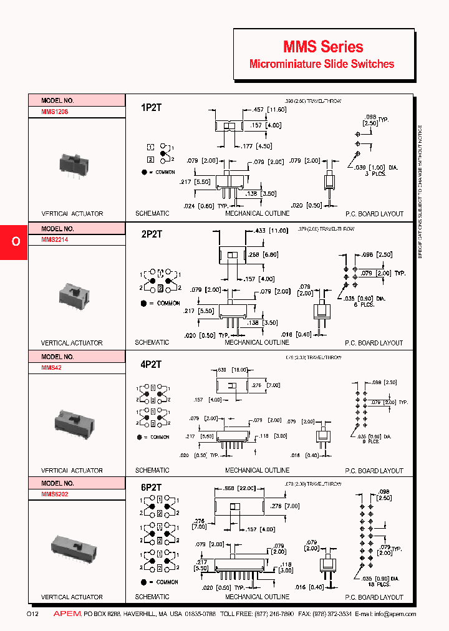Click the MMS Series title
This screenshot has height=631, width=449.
(x=323, y=47)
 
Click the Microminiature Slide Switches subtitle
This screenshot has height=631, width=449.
(x=322, y=64)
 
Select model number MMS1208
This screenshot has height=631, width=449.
(x=55, y=112)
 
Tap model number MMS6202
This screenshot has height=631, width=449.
(x=55, y=495)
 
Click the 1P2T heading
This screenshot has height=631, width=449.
(x=151, y=107)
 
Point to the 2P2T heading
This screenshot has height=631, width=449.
(x=151, y=234)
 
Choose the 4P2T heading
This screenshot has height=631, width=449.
(x=151, y=365)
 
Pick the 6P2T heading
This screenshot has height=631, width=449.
(x=151, y=488)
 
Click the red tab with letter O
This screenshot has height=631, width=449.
(x=14, y=242)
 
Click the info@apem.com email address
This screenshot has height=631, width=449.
(x=396, y=615)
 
